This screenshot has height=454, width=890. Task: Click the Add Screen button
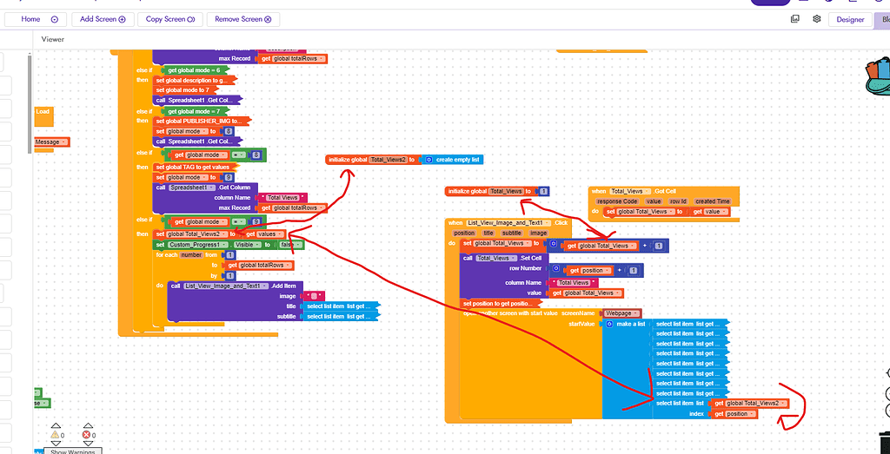tap(103, 18)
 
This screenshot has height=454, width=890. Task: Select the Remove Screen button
tap(243, 18)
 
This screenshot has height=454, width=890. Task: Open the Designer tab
tap(849, 19)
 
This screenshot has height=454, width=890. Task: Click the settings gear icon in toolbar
tap(817, 18)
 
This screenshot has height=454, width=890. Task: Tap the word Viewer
tap(53, 39)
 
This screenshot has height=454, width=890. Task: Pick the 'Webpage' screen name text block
tap(622, 313)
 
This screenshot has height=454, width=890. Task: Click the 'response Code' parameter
tap(617, 201)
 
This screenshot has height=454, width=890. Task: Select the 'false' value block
tap(286, 245)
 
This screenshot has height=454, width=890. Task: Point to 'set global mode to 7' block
tap(184, 90)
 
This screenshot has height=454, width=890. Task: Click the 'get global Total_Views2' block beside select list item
tap(748, 403)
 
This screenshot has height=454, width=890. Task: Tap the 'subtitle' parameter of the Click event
tap(512, 233)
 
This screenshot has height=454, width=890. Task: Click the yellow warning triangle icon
tap(56, 434)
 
